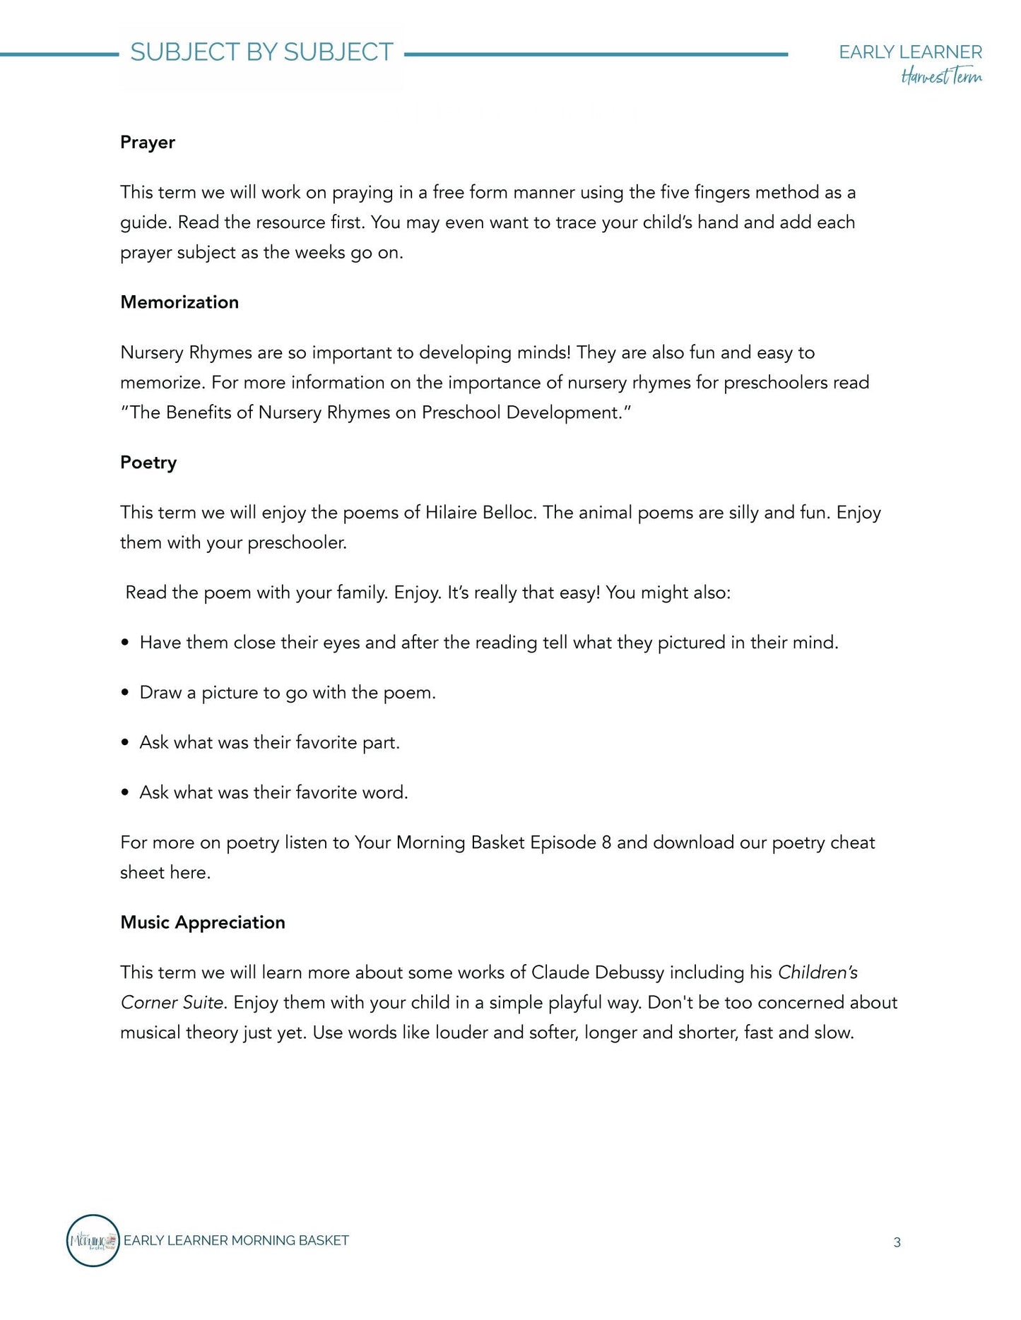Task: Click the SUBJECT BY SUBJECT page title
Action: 261,52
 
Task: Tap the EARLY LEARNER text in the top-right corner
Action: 910,52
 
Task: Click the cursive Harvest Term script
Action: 941,76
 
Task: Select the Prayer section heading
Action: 148,142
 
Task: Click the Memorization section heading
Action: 179,302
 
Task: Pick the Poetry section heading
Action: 148,463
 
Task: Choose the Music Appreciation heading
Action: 203,922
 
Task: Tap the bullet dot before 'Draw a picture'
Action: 125,693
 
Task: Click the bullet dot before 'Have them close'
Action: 125,643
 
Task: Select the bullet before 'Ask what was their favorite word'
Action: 125,793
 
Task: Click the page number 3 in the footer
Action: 897,1242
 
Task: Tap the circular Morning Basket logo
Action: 93,1240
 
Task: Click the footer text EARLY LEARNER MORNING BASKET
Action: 236,1241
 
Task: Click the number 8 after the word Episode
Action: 606,843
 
